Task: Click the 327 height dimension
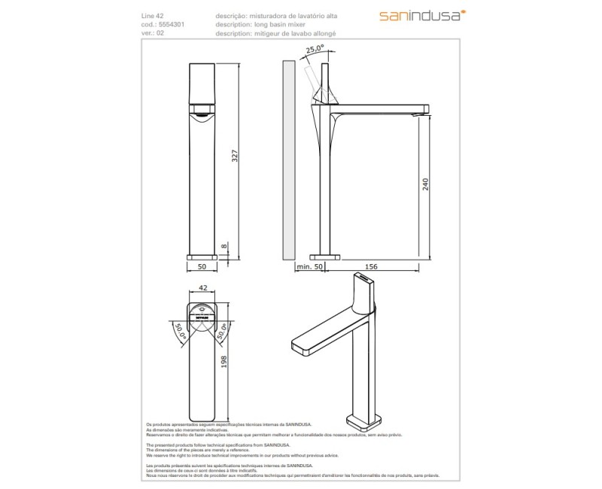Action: point(235,156)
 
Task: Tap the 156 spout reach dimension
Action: point(372,266)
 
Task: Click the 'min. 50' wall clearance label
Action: point(309,266)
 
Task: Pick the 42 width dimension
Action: point(202,287)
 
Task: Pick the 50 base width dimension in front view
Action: point(202,266)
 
